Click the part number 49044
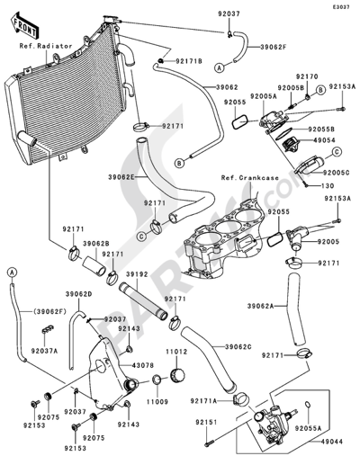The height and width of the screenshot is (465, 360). (x=334, y=443)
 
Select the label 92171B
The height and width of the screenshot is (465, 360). (x=188, y=62)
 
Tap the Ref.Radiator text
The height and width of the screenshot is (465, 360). (x=42, y=43)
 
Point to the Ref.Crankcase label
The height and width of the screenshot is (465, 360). (x=249, y=179)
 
